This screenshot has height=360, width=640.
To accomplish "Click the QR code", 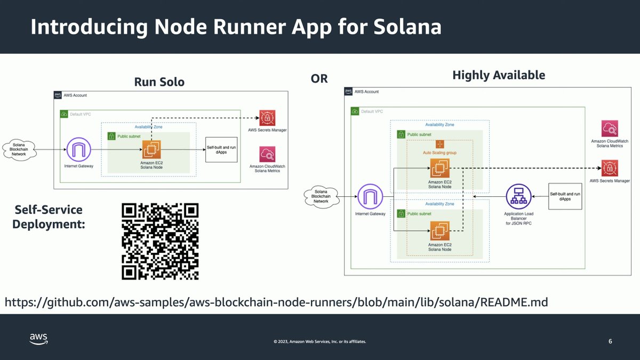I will click(160, 241).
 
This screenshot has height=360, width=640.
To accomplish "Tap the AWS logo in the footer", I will click(38, 339).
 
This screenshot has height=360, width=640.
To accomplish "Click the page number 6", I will click(610, 341).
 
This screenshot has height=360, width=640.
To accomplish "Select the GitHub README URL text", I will click(276, 302).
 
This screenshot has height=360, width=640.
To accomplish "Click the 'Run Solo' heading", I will click(159, 82).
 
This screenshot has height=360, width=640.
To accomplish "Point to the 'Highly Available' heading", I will click(498, 75).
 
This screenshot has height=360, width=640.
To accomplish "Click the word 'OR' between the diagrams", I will click(319, 79).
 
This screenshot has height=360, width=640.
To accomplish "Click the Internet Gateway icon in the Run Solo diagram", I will click(78, 149).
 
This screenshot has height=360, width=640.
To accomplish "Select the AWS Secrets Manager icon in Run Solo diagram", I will click(267, 118).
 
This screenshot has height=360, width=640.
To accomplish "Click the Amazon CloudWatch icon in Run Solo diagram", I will click(267, 155).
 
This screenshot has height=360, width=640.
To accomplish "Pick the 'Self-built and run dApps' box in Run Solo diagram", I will click(221, 149).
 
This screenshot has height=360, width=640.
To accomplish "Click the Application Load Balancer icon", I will click(518, 197).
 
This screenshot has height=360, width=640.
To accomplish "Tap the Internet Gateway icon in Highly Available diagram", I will click(370, 197).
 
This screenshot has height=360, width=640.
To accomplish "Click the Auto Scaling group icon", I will click(440, 145).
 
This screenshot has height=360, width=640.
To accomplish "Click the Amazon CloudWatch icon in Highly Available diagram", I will click(610, 129).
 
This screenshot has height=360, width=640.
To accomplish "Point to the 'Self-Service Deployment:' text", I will click(49, 217).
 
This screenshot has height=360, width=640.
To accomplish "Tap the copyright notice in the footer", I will click(319, 341).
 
